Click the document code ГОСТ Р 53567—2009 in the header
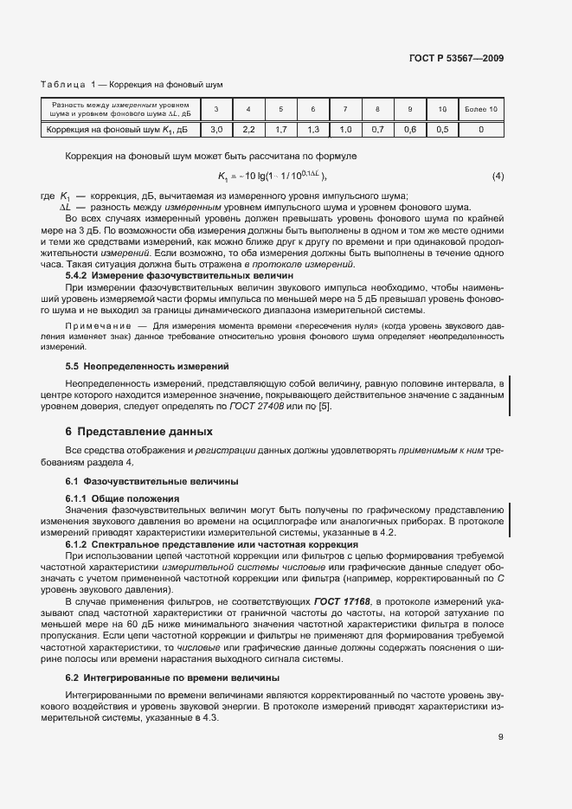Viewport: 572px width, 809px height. [x=457, y=59]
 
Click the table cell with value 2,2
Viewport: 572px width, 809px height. [x=248, y=130]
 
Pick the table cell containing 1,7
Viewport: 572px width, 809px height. [x=280, y=130]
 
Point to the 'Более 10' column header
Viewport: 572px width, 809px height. [x=481, y=109]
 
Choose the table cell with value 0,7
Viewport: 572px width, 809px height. [x=377, y=130]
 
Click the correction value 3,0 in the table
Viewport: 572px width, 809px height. [x=216, y=130]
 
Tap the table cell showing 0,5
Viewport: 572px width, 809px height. [x=442, y=130]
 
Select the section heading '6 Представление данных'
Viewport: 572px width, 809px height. [x=126, y=431]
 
